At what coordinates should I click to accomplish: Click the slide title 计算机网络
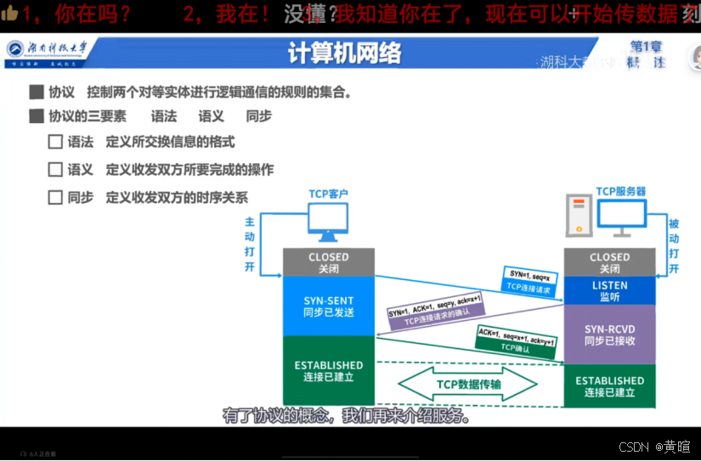click(344, 53)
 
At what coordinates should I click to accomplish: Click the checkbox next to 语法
click(55, 142)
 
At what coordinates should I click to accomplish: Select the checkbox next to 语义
click(55, 169)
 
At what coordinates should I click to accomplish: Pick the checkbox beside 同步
click(55, 197)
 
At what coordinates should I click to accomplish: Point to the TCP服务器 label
click(621, 192)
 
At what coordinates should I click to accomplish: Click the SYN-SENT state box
click(328, 306)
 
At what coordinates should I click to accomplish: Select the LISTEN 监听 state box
click(609, 291)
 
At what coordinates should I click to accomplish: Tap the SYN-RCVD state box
click(609, 335)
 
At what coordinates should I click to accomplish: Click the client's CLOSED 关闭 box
click(328, 262)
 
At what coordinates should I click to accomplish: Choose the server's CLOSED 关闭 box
click(609, 262)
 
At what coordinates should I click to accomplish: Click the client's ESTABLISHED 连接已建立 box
click(328, 371)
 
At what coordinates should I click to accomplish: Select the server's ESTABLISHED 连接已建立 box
click(609, 386)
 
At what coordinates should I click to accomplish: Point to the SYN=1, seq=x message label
click(530, 274)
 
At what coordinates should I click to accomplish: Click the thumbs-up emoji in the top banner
click(10, 13)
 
